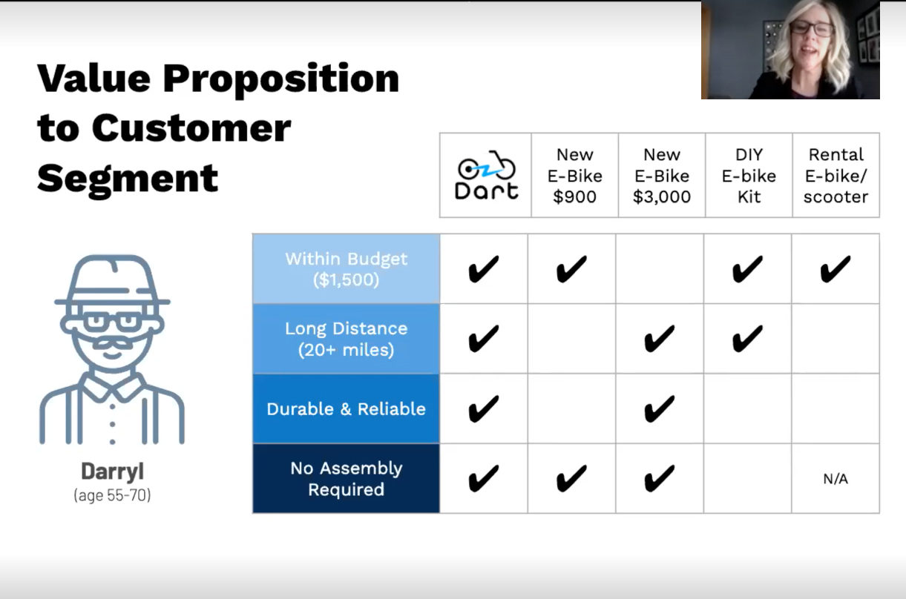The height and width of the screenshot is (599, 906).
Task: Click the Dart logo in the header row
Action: pos(487,175)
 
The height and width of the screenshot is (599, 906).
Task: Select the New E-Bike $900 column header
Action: pos(575,176)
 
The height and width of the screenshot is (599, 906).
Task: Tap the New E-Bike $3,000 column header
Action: pos(662,176)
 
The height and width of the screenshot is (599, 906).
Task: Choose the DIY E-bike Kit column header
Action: pos(749,176)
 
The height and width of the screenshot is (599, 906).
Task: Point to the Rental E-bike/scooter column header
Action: pos(836,176)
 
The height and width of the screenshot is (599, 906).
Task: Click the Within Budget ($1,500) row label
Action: pos(347,269)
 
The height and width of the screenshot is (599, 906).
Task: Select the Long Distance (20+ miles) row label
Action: pos(347,339)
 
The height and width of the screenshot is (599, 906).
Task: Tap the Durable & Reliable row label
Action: pos(347,408)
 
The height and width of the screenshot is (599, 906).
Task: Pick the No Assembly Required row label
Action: pos(347,479)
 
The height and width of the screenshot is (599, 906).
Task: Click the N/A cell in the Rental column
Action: pos(836,479)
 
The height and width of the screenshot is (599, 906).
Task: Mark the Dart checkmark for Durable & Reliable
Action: pos(483,408)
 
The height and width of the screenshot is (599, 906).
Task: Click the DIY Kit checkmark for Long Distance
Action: pos(747,339)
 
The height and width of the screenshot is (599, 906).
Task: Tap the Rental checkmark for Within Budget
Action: pos(836,269)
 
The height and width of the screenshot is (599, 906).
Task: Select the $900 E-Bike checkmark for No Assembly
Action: pos(571,479)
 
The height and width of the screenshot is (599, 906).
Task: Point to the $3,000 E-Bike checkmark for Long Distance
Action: pos(659,339)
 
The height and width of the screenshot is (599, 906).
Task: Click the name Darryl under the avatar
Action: pos(113,471)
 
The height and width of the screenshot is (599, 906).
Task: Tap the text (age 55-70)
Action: pos(113,495)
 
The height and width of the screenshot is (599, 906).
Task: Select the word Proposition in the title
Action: pos(281,79)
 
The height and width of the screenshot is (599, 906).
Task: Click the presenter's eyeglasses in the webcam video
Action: pos(812,29)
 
